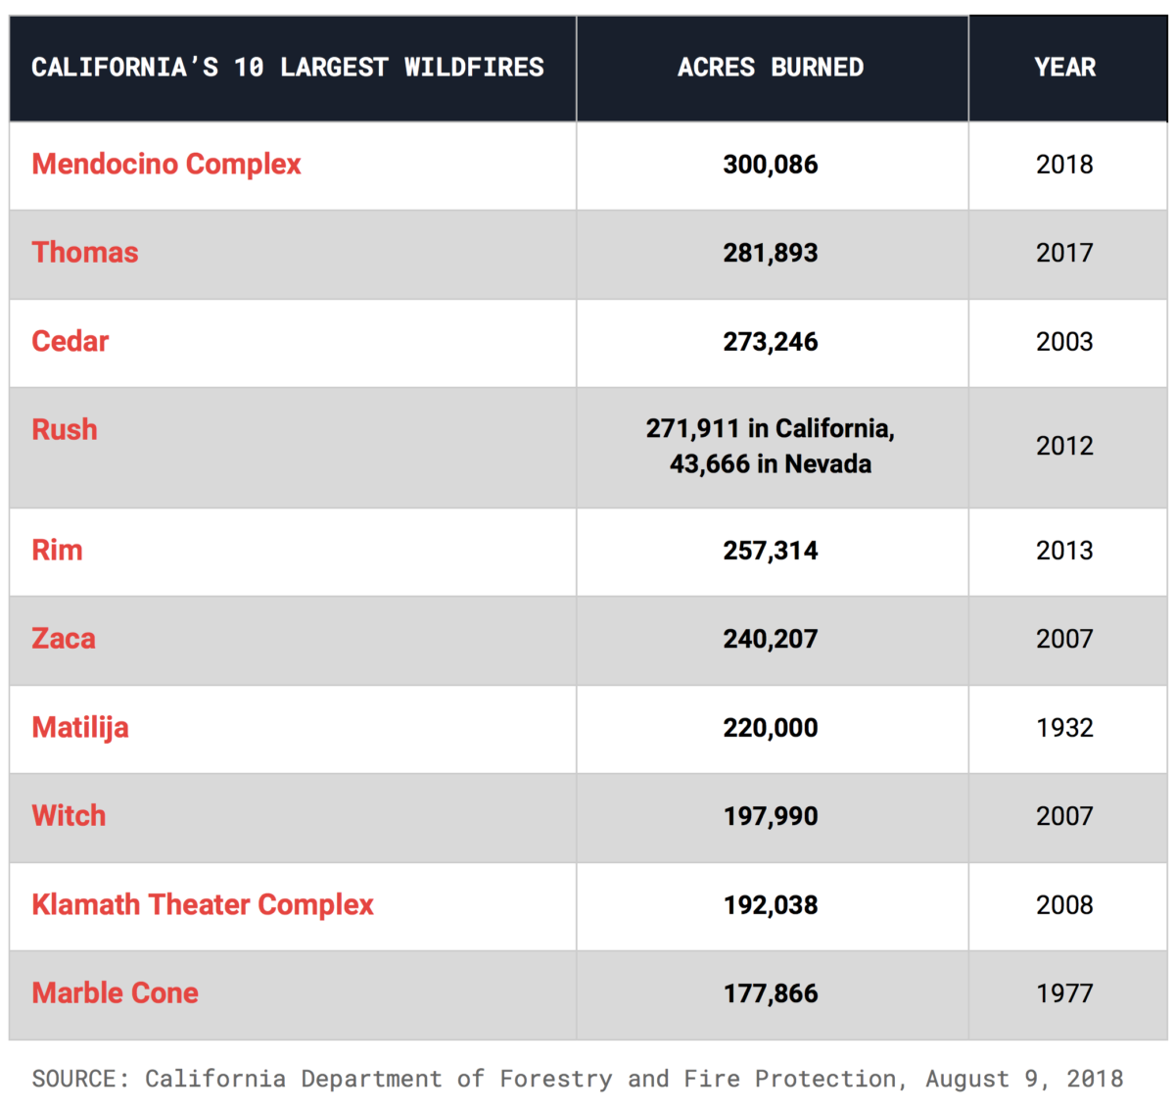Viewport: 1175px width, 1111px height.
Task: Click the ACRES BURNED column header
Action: tap(771, 67)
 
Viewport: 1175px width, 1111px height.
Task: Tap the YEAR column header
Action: tap(1064, 67)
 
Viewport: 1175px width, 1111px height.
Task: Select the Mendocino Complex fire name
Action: tap(166, 164)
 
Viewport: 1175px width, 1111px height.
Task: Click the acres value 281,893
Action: tap(771, 253)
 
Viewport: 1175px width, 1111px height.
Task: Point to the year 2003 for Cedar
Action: tap(1064, 342)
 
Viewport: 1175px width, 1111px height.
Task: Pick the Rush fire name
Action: tap(65, 429)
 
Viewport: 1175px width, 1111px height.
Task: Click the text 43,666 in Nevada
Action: tap(771, 463)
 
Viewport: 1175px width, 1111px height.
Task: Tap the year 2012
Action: tap(1064, 446)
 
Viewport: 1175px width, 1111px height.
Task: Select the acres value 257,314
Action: tap(771, 551)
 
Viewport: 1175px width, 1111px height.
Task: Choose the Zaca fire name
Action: tap(64, 639)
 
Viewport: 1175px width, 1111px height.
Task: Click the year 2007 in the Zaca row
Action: tap(1064, 639)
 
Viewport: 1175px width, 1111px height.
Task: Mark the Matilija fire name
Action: tap(80, 728)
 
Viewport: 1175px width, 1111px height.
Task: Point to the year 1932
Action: tap(1064, 728)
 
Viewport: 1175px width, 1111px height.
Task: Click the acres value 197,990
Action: tap(771, 817)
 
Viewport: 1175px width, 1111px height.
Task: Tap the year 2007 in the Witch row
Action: tap(1064, 817)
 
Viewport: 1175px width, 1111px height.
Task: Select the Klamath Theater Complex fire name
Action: tap(203, 905)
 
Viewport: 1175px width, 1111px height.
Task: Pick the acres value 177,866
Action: tap(771, 993)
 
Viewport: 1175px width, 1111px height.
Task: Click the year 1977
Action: tap(1064, 993)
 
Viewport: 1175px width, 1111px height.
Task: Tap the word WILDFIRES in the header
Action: tap(474, 67)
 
